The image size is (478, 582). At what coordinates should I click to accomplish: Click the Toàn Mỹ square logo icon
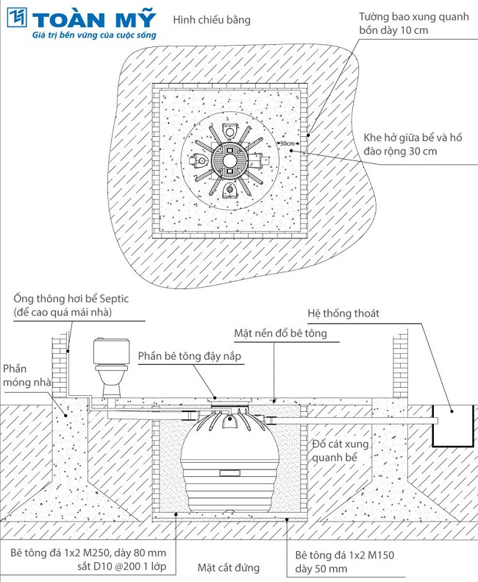(17, 18)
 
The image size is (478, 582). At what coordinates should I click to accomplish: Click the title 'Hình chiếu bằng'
(212, 20)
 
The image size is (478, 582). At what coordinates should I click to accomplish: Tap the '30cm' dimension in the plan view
(288, 143)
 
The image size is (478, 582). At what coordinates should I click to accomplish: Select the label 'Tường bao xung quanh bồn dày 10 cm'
(413, 24)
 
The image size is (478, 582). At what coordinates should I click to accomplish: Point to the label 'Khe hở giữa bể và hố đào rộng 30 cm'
(413, 144)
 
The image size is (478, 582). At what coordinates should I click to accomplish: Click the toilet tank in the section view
(111, 351)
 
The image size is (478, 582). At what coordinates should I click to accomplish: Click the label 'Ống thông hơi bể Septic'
(71, 299)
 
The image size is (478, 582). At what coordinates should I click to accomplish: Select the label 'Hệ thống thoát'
(343, 313)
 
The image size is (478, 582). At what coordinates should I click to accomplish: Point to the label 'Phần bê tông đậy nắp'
(190, 356)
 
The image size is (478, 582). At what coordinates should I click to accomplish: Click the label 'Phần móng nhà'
(26, 375)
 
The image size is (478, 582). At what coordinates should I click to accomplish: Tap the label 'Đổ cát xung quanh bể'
(340, 450)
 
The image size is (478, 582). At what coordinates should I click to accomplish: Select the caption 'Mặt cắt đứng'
(228, 567)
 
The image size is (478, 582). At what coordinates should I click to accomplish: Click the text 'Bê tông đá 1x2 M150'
(344, 556)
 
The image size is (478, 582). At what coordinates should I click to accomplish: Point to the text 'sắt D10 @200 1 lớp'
(122, 567)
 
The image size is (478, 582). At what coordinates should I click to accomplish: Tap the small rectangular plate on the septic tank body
(230, 473)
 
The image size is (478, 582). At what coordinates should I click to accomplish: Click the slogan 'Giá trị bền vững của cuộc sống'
(94, 35)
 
